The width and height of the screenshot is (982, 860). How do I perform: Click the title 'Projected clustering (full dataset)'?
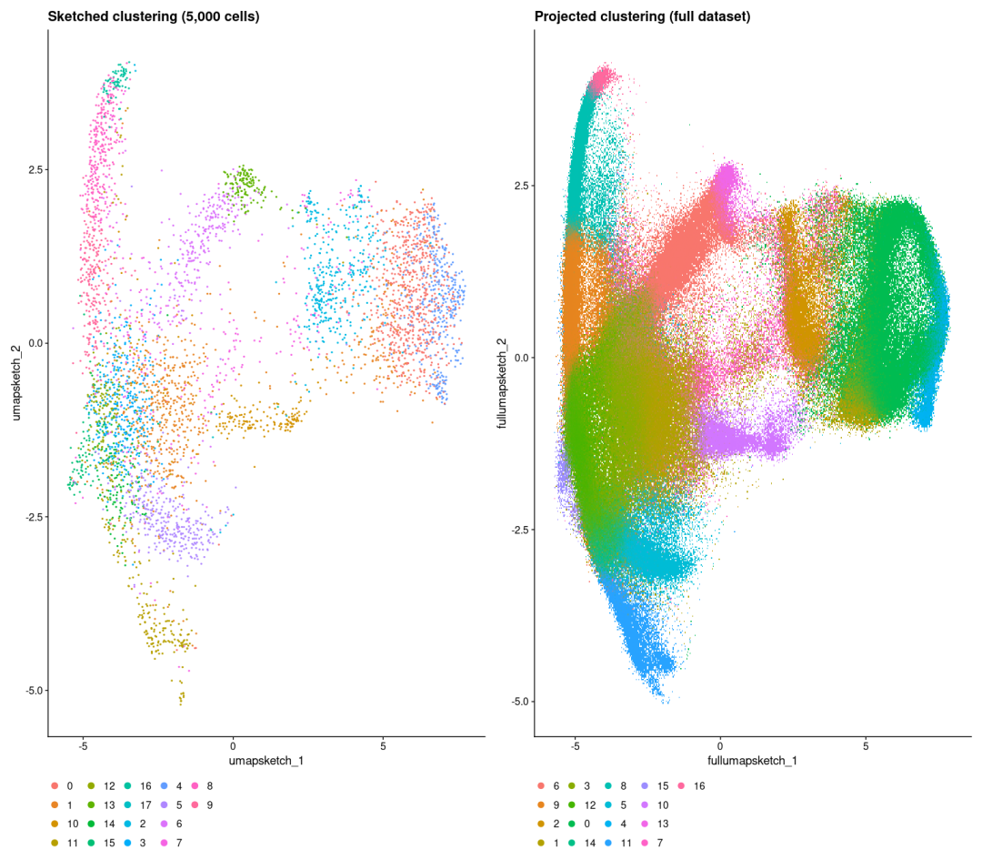click(642, 15)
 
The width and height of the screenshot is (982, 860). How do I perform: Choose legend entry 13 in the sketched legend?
click(109, 804)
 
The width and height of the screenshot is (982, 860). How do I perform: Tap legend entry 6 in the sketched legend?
click(179, 824)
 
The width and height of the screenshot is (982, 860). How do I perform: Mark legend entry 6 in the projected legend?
click(555, 785)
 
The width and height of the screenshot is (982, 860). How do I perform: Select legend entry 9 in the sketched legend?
click(210, 804)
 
